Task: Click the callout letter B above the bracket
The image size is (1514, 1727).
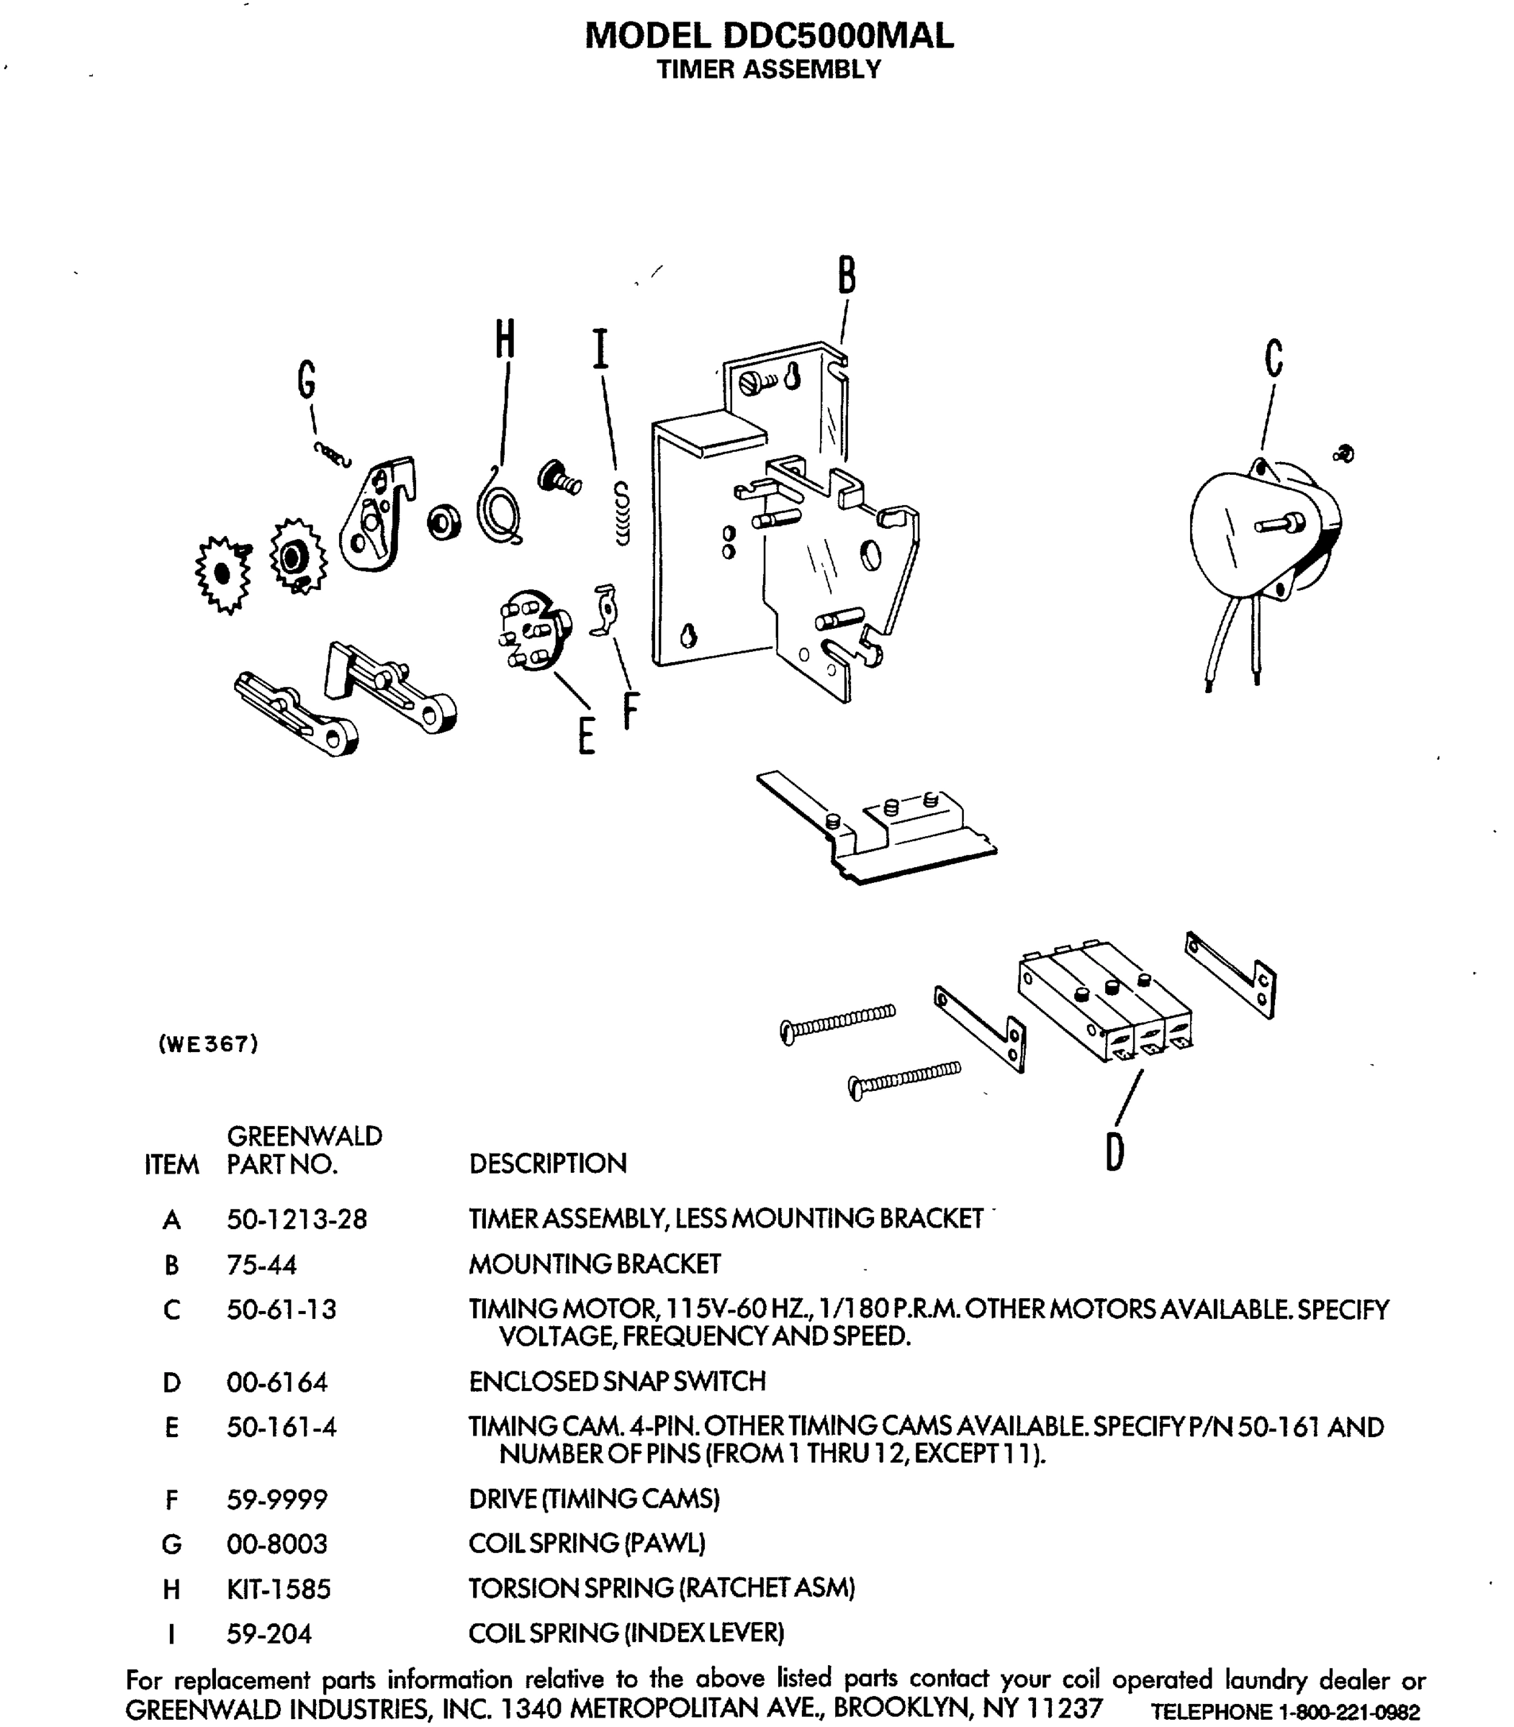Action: pos(847,276)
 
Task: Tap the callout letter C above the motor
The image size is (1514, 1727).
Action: pos(1274,358)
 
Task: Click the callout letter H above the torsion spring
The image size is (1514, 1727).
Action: pos(505,340)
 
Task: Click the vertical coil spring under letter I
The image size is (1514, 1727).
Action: pos(622,512)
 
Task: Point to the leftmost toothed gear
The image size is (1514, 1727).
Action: pos(222,574)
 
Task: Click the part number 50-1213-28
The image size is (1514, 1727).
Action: pos(297,1220)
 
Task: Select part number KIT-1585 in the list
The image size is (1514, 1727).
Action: pos(278,1589)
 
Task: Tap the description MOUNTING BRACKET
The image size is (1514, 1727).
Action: pos(594,1264)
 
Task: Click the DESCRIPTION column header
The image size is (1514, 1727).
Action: pos(547,1164)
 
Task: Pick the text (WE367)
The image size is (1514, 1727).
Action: pos(208,1045)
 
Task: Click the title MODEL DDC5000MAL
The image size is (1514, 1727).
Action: pos(768,35)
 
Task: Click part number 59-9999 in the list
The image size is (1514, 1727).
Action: pos(276,1500)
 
